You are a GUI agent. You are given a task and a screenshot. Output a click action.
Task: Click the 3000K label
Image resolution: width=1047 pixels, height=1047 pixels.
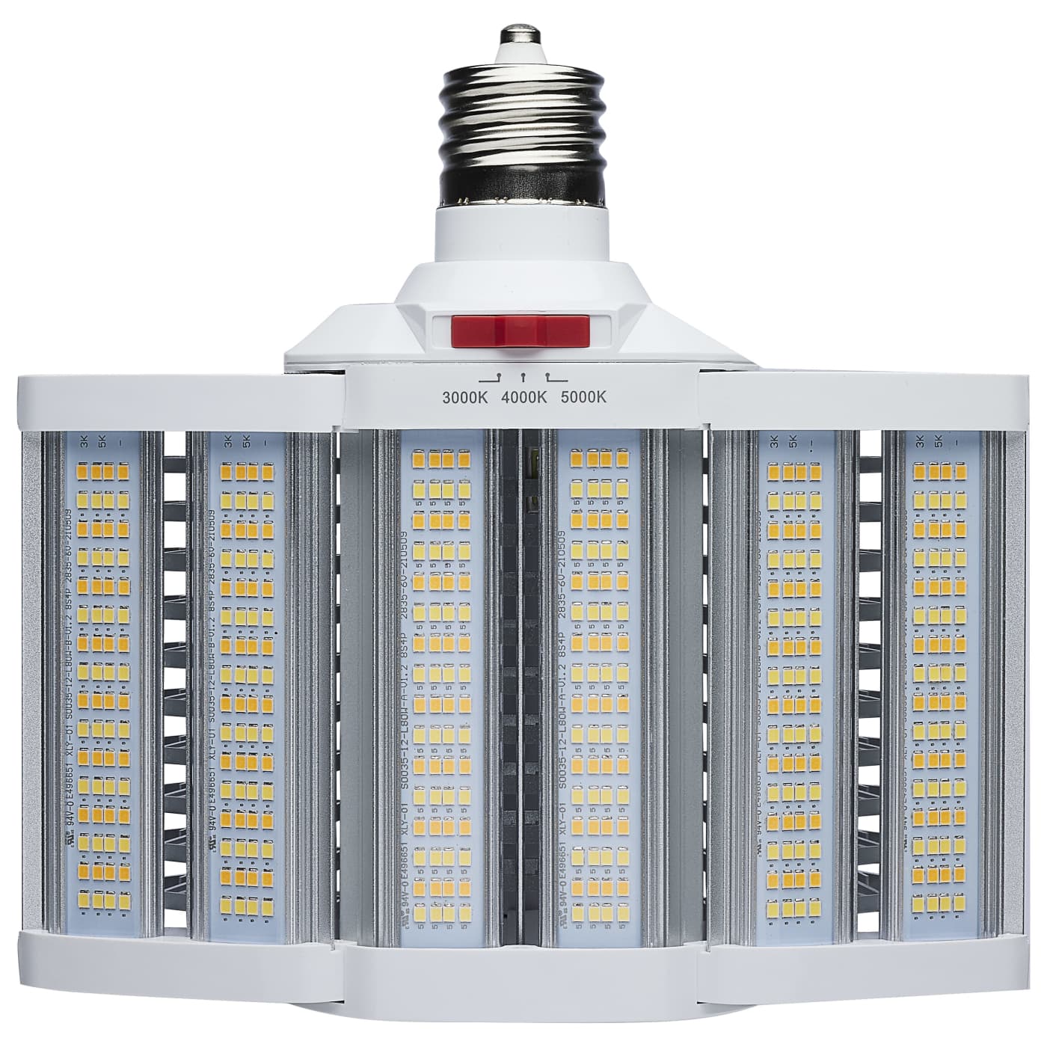click(x=464, y=397)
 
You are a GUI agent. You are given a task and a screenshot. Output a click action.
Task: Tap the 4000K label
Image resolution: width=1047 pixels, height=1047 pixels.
click(x=523, y=397)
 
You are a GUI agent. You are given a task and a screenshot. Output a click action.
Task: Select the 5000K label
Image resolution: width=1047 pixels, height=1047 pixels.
click(x=583, y=397)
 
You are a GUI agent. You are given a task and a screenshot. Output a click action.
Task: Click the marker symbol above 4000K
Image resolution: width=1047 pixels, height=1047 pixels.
click(x=523, y=378)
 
